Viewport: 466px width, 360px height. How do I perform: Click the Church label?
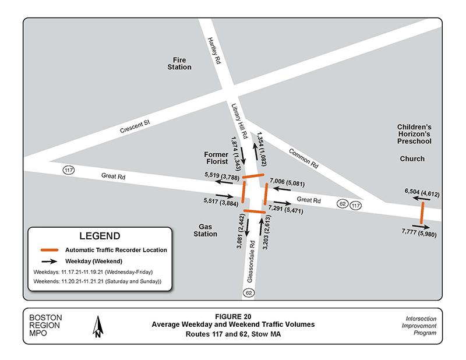412,158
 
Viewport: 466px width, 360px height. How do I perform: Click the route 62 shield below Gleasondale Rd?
249,291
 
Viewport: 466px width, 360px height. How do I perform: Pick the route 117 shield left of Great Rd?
69,171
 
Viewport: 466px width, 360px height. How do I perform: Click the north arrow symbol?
98,326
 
